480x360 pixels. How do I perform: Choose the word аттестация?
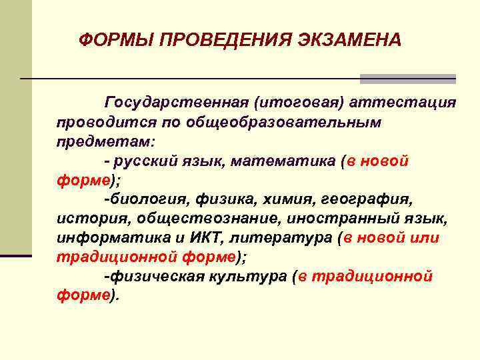coord(403,103)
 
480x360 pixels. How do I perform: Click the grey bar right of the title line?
coord(407,79)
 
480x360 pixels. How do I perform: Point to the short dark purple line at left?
coord(16,255)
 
